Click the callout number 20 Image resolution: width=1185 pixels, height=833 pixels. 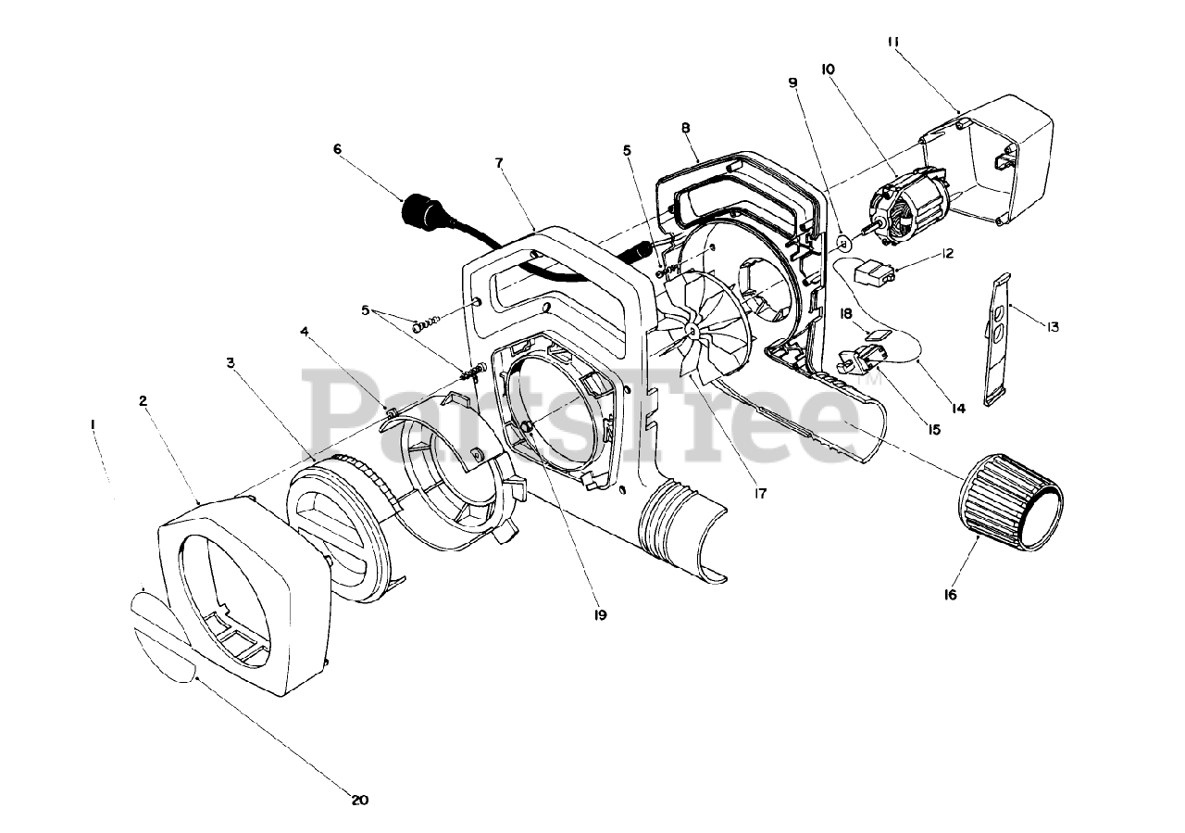tap(361, 800)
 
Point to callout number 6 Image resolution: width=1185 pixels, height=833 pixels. tap(337, 147)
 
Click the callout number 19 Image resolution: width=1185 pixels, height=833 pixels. tap(600, 613)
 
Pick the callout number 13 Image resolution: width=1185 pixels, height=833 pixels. tap(1053, 326)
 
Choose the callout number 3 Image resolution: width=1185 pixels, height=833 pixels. tap(231, 362)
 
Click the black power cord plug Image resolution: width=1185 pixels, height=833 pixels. tap(420, 209)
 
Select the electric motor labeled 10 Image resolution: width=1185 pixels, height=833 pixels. tap(912, 208)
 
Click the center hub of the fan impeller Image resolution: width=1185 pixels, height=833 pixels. tap(692, 330)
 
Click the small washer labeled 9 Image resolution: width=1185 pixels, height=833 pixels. tap(843, 243)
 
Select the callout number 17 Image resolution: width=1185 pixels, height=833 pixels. tap(760, 494)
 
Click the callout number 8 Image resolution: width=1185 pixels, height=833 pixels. tap(686, 128)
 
